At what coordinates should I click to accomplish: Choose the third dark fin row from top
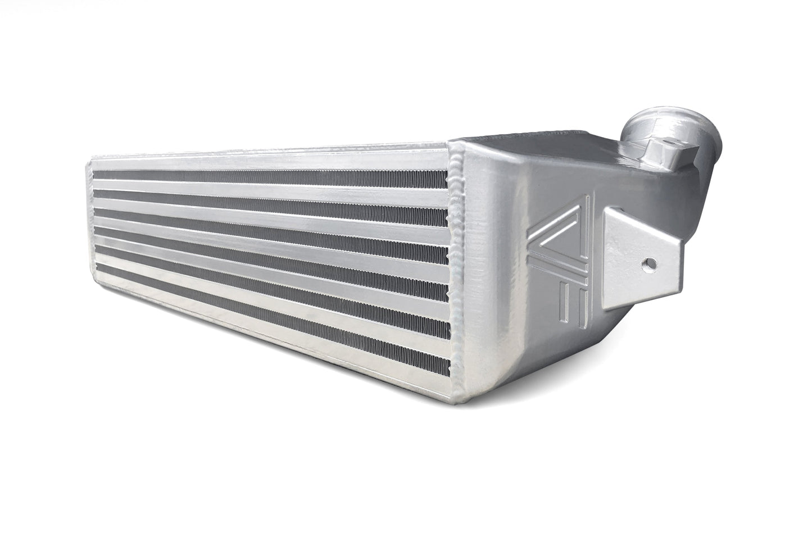pos(270,216)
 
